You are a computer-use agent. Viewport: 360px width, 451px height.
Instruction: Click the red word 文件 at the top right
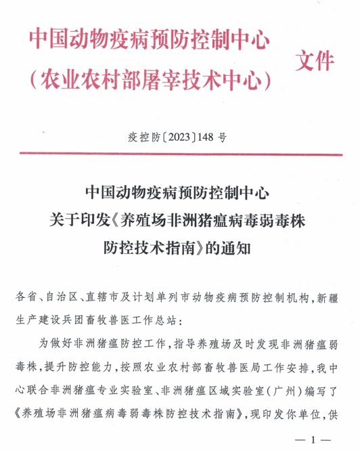(315, 62)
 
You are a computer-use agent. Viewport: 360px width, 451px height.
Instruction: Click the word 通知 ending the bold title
(238, 247)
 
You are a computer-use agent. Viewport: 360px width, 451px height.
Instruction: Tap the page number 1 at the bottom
(312, 440)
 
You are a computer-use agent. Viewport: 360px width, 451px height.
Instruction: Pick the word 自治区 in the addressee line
(60, 298)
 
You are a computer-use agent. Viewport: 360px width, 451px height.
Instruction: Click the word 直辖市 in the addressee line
(102, 298)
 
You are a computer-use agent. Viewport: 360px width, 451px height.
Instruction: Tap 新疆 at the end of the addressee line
(332, 298)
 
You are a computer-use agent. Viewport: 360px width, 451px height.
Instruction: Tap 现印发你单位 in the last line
(294, 412)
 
